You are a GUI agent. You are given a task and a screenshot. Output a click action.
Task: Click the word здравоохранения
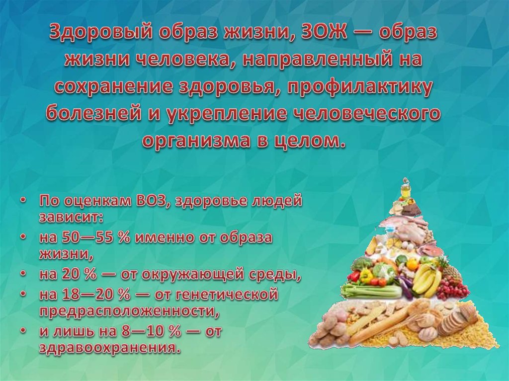(108, 346)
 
